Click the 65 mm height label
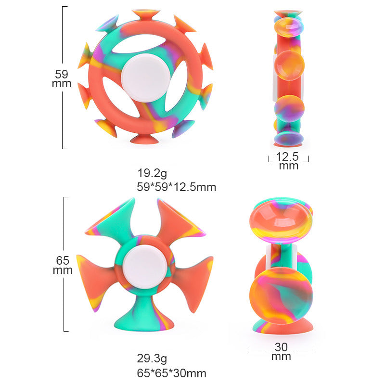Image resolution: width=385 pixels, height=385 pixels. pyautogui.click(x=63, y=265)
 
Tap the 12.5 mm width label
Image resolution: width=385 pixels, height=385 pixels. pyautogui.click(x=288, y=161)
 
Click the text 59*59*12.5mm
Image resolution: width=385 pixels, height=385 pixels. pyautogui.click(x=176, y=187)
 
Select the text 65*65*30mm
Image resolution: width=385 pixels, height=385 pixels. pyautogui.click(x=171, y=373)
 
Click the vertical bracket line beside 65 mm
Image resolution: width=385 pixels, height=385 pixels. pyautogui.click(x=64, y=217)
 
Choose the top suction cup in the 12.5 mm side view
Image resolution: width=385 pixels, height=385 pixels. pyautogui.click(x=288, y=13)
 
